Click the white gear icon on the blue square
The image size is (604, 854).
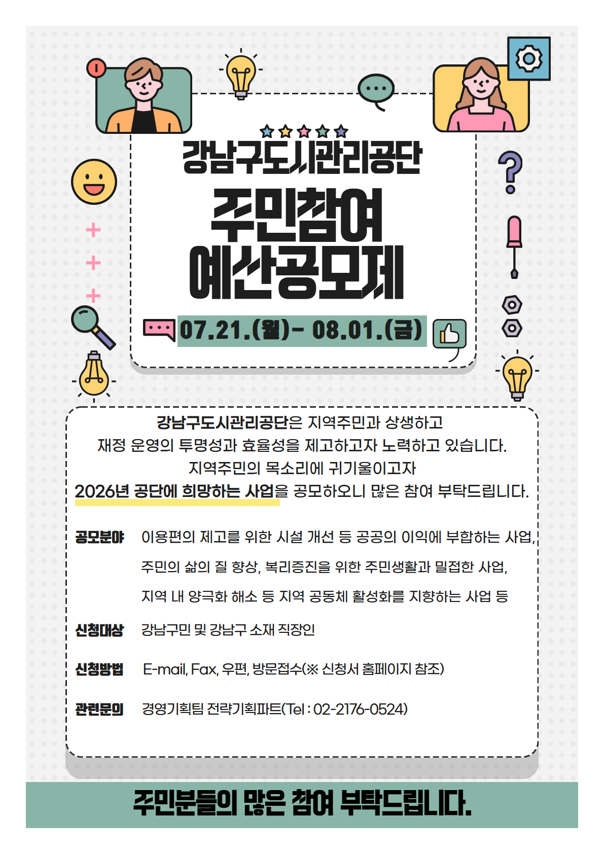point(528,58)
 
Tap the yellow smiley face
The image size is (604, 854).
point(94,182)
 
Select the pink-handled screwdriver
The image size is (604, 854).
point(514,247)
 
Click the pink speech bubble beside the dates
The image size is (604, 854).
point(159,329)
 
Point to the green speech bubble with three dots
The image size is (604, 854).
point(376,91)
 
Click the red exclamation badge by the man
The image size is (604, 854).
point(96,68)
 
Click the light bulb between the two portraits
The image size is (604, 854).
point(240,76)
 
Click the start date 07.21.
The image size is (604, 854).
point(215,330)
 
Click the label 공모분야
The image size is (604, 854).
point(99,537)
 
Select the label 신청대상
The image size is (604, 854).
point(99,630)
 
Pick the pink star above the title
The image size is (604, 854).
point(304,131)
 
